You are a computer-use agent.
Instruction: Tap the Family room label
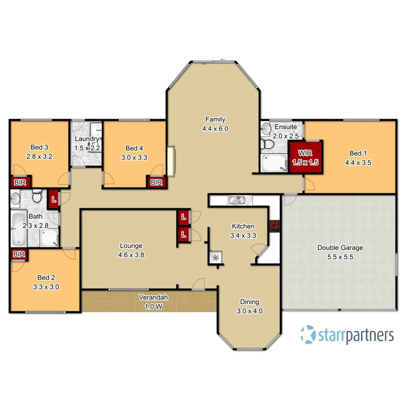point(216,119)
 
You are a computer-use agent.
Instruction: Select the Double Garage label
point(340,248)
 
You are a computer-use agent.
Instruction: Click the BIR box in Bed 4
point(156,182)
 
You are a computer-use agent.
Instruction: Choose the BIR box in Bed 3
point(19,182)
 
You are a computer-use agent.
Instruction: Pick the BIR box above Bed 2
point(19,254)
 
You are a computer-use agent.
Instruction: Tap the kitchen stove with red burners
point(274,225)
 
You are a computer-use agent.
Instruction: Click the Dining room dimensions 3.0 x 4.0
point(249,311)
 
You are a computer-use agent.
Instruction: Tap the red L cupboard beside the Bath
point(54,200)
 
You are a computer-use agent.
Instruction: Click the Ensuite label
point(286,127)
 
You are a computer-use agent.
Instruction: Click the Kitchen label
point(243,226)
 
